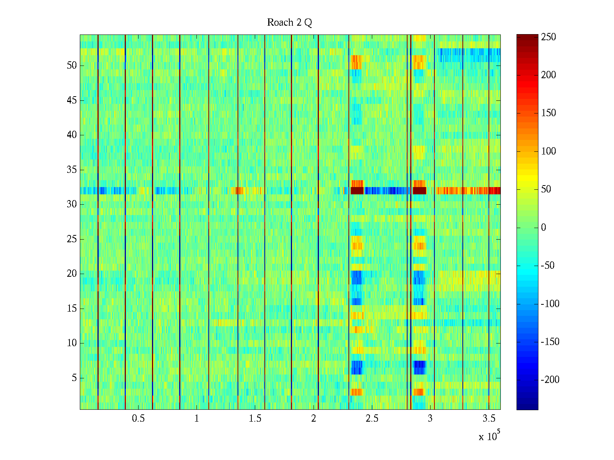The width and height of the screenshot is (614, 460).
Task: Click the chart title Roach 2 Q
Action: (289, 23)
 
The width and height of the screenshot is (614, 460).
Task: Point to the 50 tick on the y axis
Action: (72, 66)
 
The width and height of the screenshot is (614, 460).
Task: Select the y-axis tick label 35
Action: (72, 170)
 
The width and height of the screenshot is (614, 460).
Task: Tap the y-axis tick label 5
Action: (74, 378)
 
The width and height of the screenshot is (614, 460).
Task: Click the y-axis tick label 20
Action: (72, 274)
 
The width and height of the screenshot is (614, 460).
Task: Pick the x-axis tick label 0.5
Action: (138, 419)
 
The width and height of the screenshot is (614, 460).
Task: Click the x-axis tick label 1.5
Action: (255, 419)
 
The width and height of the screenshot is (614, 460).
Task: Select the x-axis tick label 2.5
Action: (372, 419)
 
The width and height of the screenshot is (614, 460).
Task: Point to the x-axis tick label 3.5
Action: (489, 419)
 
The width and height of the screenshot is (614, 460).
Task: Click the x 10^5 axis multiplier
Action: (489, 436)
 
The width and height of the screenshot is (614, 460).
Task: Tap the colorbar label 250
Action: (548, 37)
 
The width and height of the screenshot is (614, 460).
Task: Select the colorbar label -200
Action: (550, 380)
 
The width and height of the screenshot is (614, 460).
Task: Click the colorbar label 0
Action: (543, 228)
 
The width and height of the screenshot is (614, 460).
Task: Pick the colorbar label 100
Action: (548, 151)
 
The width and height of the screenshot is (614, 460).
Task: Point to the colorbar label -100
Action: (550, 304)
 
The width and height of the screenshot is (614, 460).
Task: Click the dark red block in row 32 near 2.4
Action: (357, 191)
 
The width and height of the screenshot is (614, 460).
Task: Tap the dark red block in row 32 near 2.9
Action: (419, 191)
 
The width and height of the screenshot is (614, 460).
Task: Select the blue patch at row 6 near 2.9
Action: (419, 367)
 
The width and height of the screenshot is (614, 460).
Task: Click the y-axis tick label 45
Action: (72, 100)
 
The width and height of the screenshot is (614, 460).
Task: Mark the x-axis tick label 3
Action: (430, 419)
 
